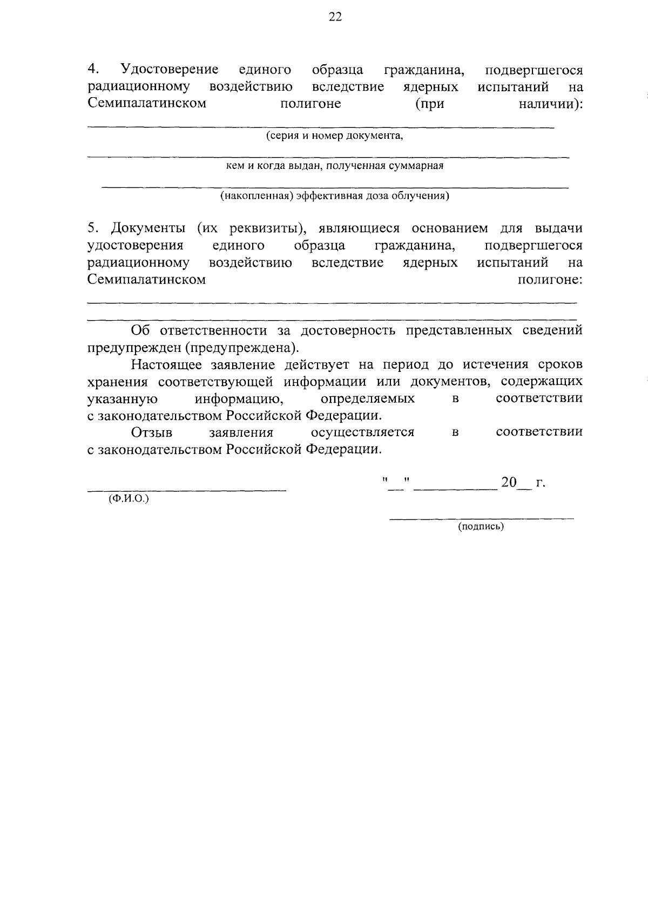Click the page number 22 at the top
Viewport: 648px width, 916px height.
pyautogui.click(x=335, y=17)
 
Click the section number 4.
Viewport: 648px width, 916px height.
pyautogui.click(x=93, y=70)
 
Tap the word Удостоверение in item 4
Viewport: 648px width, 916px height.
pyautogui.click(x=170, y=70)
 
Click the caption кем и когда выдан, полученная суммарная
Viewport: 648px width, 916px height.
pyautogui.click(x=334, y=166)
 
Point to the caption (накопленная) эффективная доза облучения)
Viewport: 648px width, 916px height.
pyautogui.click(x=334, y=196)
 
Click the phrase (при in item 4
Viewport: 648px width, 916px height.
pyautogui.click(x=429, y=104)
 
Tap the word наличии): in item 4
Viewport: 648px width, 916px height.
pyautogui.click(x=550, y=104)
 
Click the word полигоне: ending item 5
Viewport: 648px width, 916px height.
pyautogui.click(x=550, y=280)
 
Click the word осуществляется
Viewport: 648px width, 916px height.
pyautogui.click(x=362, y=433)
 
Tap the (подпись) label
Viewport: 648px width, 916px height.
pyautogui.click(x=481, y=527)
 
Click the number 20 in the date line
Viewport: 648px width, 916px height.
pyautogui.click(x=509, y=483)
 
